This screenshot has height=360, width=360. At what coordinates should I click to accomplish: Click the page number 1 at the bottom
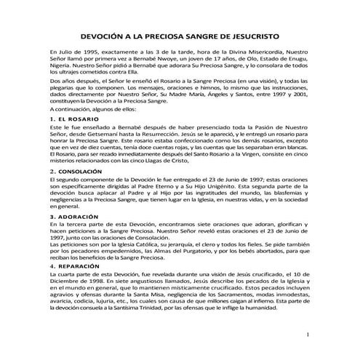[x=308, y=335]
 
